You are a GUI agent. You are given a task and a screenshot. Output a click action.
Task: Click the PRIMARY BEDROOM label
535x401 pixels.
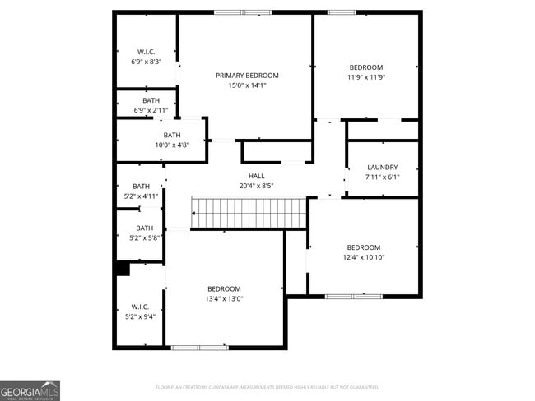241,75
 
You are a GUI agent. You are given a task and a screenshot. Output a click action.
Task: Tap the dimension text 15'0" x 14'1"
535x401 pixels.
241,85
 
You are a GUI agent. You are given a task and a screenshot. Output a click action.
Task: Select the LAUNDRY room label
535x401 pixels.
382,167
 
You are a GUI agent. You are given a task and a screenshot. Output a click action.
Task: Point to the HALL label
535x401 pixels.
256,176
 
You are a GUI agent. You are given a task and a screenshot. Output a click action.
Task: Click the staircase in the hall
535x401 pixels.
249,213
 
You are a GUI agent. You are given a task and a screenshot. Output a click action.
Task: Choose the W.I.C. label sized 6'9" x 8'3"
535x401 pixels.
146,52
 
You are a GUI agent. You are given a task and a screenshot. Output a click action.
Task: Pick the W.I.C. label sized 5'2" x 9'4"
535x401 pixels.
140,307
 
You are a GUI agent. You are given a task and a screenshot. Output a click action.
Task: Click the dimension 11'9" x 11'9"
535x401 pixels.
365,77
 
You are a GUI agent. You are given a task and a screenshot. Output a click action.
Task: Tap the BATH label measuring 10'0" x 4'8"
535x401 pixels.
171,135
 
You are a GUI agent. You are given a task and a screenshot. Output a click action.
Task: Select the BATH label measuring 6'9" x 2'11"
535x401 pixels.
151,100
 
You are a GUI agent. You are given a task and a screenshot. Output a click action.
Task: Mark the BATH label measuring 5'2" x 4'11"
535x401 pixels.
142,187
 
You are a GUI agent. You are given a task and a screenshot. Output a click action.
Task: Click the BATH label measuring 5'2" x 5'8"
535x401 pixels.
144,228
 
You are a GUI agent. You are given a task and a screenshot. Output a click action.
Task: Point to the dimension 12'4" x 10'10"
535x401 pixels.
363,257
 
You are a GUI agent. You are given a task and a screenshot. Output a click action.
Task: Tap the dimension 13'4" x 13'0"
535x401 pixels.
224,298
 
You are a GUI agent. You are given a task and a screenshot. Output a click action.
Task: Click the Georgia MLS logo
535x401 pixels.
30,390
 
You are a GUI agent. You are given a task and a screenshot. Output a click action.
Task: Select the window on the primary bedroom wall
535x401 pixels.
242,12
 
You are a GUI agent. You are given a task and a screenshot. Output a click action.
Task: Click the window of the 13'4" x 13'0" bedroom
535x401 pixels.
199,348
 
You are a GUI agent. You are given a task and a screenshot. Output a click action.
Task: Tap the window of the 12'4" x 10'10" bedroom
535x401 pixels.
352,296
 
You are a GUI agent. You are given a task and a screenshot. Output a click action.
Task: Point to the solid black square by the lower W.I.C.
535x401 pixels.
123,269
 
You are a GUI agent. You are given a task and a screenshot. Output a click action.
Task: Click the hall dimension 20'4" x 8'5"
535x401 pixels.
256,186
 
